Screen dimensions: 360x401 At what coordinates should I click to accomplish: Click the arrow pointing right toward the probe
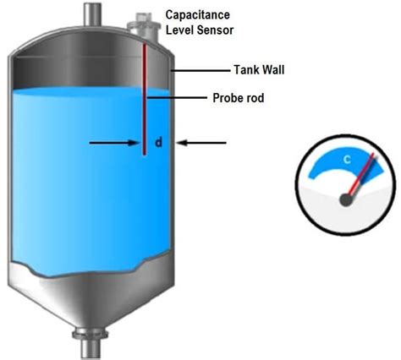(114, 144)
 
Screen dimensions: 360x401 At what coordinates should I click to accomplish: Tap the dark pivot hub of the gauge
(347, 199)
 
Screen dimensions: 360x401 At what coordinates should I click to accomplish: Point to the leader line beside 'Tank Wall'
(198, 70)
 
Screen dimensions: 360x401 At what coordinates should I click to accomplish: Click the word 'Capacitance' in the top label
(199, 15)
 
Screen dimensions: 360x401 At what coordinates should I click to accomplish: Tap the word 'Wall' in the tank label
(270, 70)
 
